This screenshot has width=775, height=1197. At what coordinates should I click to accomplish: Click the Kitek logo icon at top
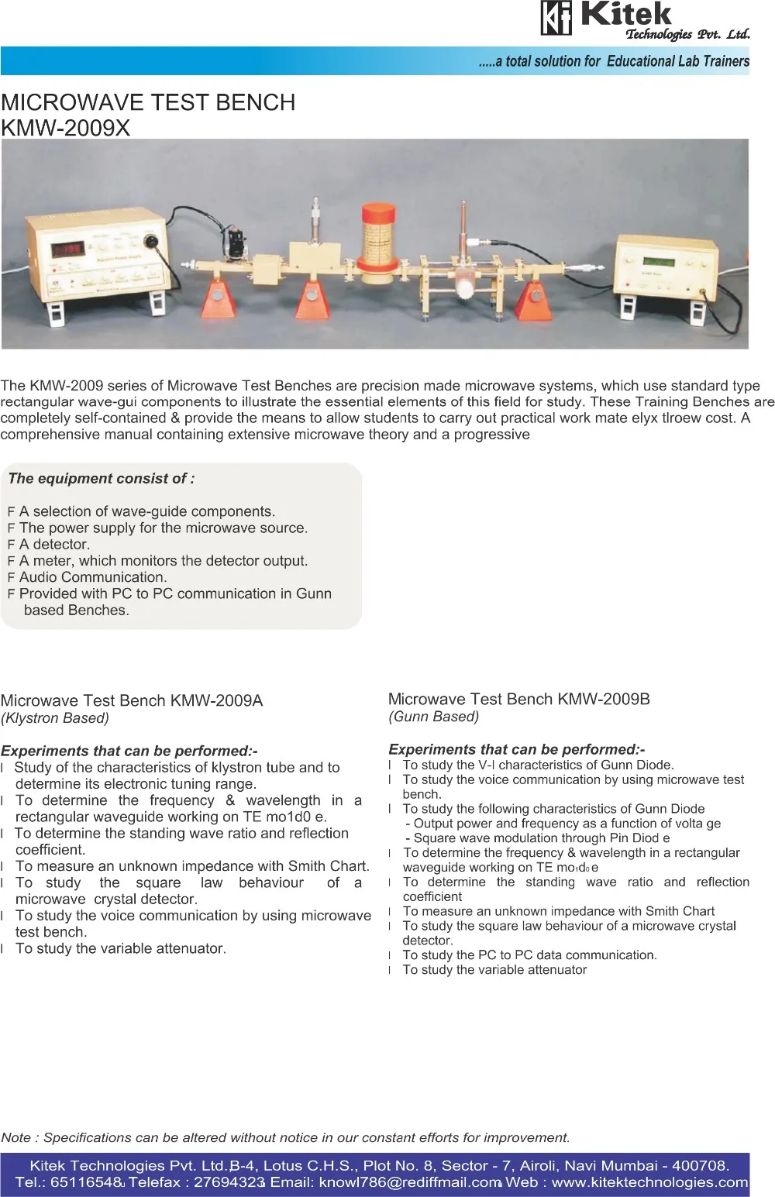pos(556,19)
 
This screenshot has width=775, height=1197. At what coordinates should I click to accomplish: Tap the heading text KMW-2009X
pos(66,128)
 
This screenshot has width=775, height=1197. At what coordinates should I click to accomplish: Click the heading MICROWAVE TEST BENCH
pos(148,102)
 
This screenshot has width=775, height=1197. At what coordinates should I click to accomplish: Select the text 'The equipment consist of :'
pos(101,479)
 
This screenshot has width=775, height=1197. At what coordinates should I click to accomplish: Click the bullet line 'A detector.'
pos(54,545)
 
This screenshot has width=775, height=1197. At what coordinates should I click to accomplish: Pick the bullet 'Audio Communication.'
pos(92,577)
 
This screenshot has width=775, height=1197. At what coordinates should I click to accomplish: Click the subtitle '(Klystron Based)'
pos(55,718)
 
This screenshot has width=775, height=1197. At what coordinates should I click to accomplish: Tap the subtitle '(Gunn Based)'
pos(434,717)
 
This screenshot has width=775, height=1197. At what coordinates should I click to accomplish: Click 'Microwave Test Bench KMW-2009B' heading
pos(518,699)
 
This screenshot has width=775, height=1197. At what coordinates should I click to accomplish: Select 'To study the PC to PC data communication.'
pos(529,955)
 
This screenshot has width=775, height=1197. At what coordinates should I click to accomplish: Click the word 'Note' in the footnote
pos(16,1137)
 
